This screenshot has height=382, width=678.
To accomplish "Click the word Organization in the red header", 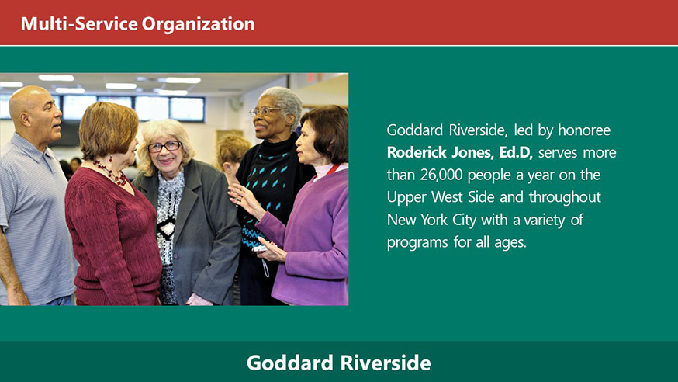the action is click(198, 24).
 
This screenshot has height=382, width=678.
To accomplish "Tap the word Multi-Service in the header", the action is click(79, 23).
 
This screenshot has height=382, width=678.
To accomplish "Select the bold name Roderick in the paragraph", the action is click(417, 152).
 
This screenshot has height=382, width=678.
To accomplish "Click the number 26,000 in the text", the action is click(441, 175).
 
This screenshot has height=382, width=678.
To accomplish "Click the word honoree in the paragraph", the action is click(584, 130).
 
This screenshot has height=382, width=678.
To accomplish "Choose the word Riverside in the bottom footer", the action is click(386, 363).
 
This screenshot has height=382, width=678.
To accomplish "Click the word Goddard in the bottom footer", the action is click(291, 363).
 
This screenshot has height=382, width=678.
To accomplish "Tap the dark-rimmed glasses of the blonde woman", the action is click(164, 147).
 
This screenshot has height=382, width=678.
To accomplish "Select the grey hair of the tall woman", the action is click(284, 100).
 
